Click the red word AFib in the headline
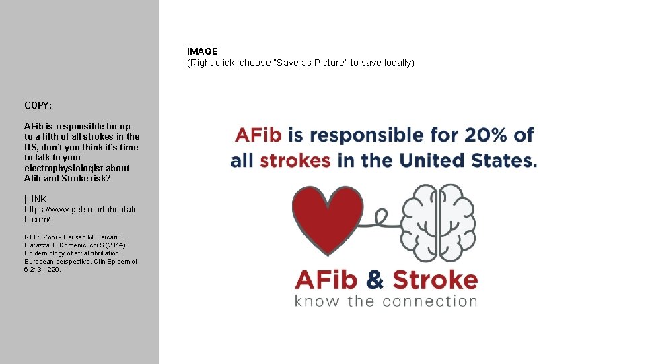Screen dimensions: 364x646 click(258, 135)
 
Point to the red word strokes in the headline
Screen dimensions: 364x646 click(295, 161)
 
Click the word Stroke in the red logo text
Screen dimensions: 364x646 click(435, 279)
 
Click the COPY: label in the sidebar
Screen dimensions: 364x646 click(38, 105)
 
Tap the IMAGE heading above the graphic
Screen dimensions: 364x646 click(203, 51)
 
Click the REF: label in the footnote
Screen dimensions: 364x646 click(32, 237)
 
